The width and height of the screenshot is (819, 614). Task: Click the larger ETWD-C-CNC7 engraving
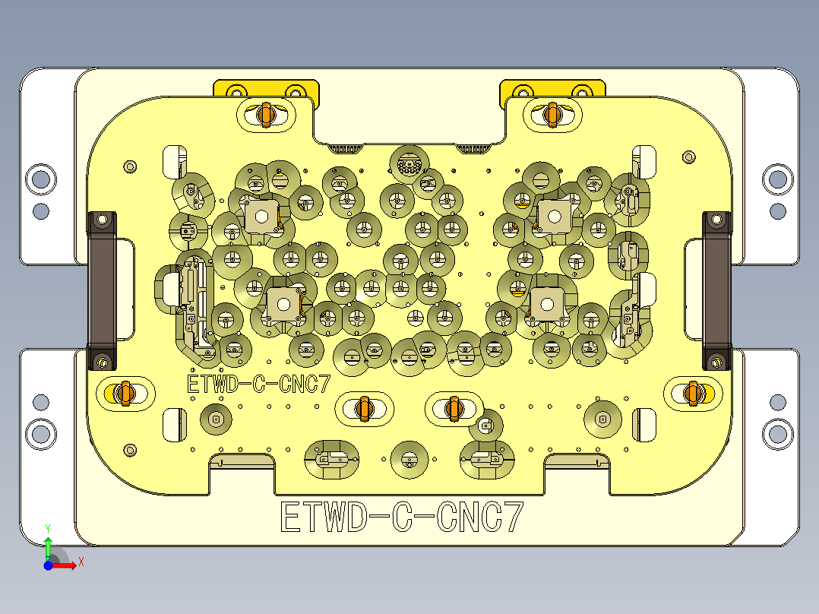point(402,517)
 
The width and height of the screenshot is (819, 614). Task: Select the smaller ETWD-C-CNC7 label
point(259,385)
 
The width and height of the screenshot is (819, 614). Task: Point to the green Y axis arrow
point(48,544)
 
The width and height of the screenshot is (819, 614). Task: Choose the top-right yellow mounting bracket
point(552,89)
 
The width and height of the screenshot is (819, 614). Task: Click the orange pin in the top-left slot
point(265,114)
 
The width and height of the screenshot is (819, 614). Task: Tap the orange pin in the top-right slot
point(552,114)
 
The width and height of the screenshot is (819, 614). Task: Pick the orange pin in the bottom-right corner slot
point(691,392)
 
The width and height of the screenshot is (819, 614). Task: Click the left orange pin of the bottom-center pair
point(364,408)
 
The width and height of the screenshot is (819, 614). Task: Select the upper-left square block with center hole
point(260,216)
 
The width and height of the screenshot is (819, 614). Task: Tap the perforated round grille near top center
point(409,163)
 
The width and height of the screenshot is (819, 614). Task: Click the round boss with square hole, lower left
point(216,419)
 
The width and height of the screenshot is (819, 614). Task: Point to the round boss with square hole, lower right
point(602,419)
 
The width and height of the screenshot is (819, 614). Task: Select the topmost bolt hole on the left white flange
point(40,179)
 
